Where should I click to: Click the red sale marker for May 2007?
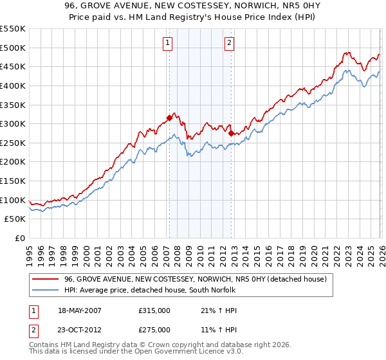pyautogui.click(x=169, y=118)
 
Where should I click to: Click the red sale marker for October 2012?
pyautogui.click(x=231, y=133)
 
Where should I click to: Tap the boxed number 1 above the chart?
pyautogui.click(x=167, y=43)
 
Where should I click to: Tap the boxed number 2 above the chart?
pyautogui.click(x=229, y=43)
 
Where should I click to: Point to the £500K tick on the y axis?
pyautogui.click(x=13, y=48)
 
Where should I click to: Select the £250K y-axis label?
pyautogui.click(x=13, y=143)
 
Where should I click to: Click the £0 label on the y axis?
pyautogui.click(x=19, y=238)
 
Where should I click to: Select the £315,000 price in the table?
pyautogui.click(x=154, y=310)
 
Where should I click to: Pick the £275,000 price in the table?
pyautogui.click(x=154, y=330)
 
